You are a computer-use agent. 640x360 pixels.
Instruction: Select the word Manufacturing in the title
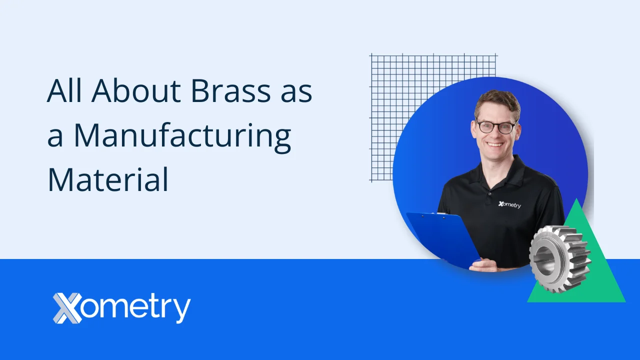[182, 135]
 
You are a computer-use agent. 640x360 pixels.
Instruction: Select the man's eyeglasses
[495, 126]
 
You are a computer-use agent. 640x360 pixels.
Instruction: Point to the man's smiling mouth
[495, 144]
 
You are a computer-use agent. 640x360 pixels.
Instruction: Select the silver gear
[560, 258]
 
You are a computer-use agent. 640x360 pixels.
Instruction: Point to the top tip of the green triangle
[576, 200]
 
